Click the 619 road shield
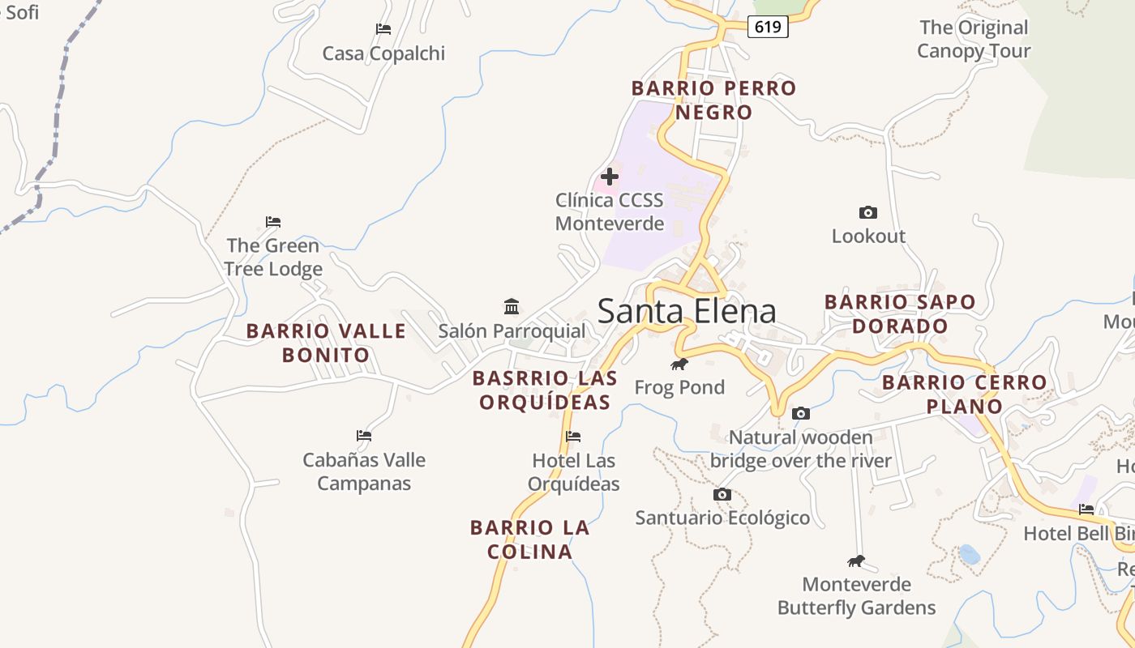click(767, 27)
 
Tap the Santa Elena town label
click(687, 312)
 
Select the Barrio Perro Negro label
click(714, 100)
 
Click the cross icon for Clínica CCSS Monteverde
click(610, 177)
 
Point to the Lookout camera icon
click(868, 213)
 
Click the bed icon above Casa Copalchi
click(383, 29)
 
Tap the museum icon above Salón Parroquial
click(512, 307)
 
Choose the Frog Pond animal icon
click(679, 364)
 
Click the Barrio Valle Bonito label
click(326, 343)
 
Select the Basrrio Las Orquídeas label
click(545, 390)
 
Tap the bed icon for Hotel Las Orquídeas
click(573, 437)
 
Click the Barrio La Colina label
click(530, 539)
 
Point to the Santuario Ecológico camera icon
click(722, 494)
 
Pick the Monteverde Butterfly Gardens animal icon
click(856, 561)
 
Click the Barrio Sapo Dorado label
click(900, 313)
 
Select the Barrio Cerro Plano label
click(965, 394)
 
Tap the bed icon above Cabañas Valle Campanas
click(364, 436)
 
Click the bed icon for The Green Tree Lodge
click(273, 222)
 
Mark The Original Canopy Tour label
click(974, 39)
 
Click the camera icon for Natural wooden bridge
click(801, 414)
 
